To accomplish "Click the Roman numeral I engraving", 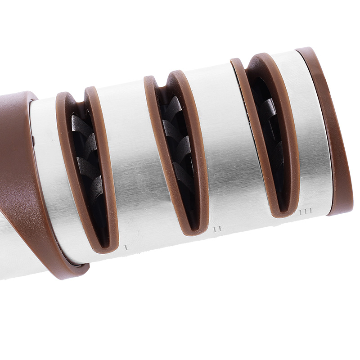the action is click(x=126, y=247).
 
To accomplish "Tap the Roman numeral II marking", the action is click(x=217, y=229).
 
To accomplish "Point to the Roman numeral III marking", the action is click(x=306, y=211).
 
